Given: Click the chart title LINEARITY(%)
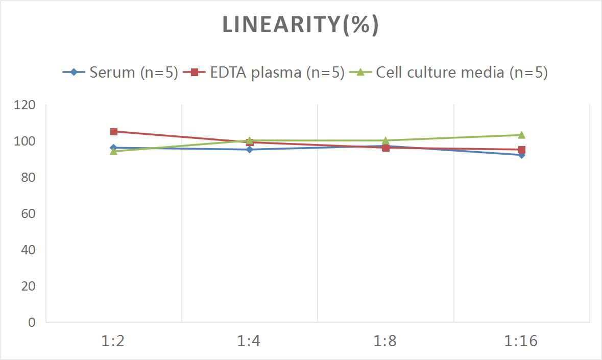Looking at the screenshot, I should pyautogui.click(x=301, y=25).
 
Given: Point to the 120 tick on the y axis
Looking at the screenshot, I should pyautogui.click(x=25, y=105).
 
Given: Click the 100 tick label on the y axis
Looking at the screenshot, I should pyautogui.click(x=25, y=141).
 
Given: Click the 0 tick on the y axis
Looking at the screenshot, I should pyautogui.click(x=32, y=322).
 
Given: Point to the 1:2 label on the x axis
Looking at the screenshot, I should pyautogui.click(x=113, y=341).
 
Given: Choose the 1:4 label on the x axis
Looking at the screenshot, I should pyautogui.click(x=249, y=341).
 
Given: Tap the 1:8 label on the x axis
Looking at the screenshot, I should pyautogui.click(x=385, y=341).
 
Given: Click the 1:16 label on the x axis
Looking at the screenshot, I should pyautogui.click(x=521, y=341).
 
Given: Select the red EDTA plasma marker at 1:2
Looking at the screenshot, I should pyautogui.click(x=114, y=132).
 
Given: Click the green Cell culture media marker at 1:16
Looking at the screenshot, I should pyautogui.click(x=522, y=135).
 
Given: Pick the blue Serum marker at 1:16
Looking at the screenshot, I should pyautogui.click(x=522, y=155).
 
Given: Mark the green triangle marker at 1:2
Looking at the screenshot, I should pyautogui.click(x=114, y=151).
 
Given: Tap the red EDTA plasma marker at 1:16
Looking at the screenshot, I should pyautogui.click(x=522, y=150).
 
